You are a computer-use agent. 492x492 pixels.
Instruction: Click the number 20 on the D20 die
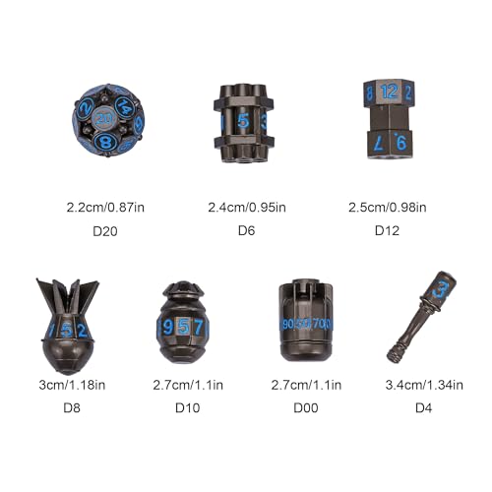(104, 119)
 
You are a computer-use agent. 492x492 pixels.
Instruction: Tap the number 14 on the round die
(124, 106)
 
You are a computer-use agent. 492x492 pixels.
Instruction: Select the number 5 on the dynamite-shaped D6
(243, 121)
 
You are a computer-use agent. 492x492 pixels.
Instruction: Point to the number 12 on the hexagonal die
(390, 92)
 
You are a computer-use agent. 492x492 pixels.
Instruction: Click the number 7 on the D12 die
(379, 144)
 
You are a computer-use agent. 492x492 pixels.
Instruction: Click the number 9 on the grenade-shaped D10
(167, 328)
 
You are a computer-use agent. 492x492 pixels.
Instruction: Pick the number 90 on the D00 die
(288, 324)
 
